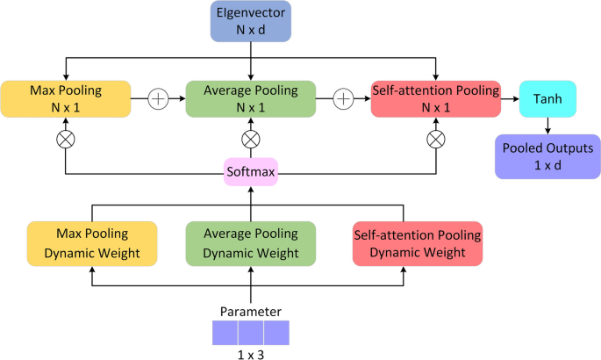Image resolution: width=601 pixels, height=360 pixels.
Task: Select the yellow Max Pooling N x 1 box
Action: click(x=66, y=98)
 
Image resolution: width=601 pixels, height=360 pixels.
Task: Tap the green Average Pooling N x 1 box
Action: click(x=252, y=98)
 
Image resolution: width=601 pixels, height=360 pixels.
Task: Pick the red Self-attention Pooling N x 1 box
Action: click(x=436, y=98)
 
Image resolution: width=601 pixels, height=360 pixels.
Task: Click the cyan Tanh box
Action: click(x=547, y=98)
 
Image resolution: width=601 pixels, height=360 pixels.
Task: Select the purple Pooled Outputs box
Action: click(x=547, y=155)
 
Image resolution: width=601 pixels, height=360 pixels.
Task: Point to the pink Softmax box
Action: click(x=252, y=172)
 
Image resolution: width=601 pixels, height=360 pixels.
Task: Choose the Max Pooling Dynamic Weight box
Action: click(x=92, y=244)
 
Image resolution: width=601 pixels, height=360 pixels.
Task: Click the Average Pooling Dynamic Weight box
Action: click(x=252, y=244)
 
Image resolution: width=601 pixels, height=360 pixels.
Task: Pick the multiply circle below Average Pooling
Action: click(x=252, y=138)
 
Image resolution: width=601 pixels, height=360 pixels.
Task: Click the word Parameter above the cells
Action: click(x=252, y=311)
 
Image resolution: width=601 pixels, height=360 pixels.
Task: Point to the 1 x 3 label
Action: click(x=252, y=353)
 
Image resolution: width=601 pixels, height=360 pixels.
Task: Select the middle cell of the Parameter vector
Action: click(x=252, y=332)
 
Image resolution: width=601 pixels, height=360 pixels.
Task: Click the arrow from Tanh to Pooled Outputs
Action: click(x=547, y=126)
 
